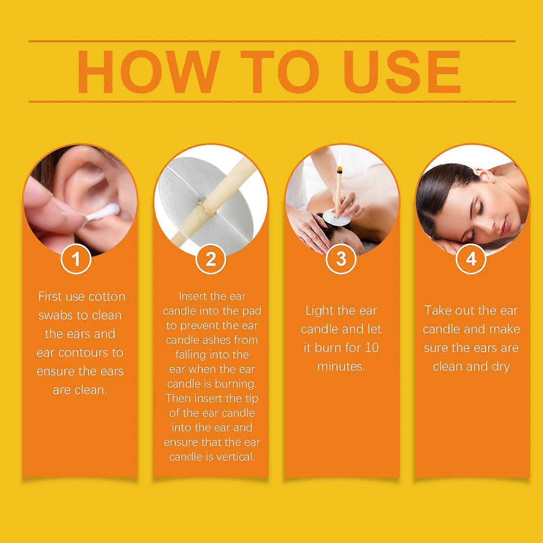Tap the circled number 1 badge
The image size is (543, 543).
[x=76, y=259]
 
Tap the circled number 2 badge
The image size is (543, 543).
[x=211, y=259]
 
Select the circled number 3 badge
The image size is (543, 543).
[x=341, y=259]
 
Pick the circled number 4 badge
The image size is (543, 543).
[x=471, y=259]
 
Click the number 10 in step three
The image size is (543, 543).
[x=372, y=348]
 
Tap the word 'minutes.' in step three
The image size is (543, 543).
[x=341, y=367]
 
